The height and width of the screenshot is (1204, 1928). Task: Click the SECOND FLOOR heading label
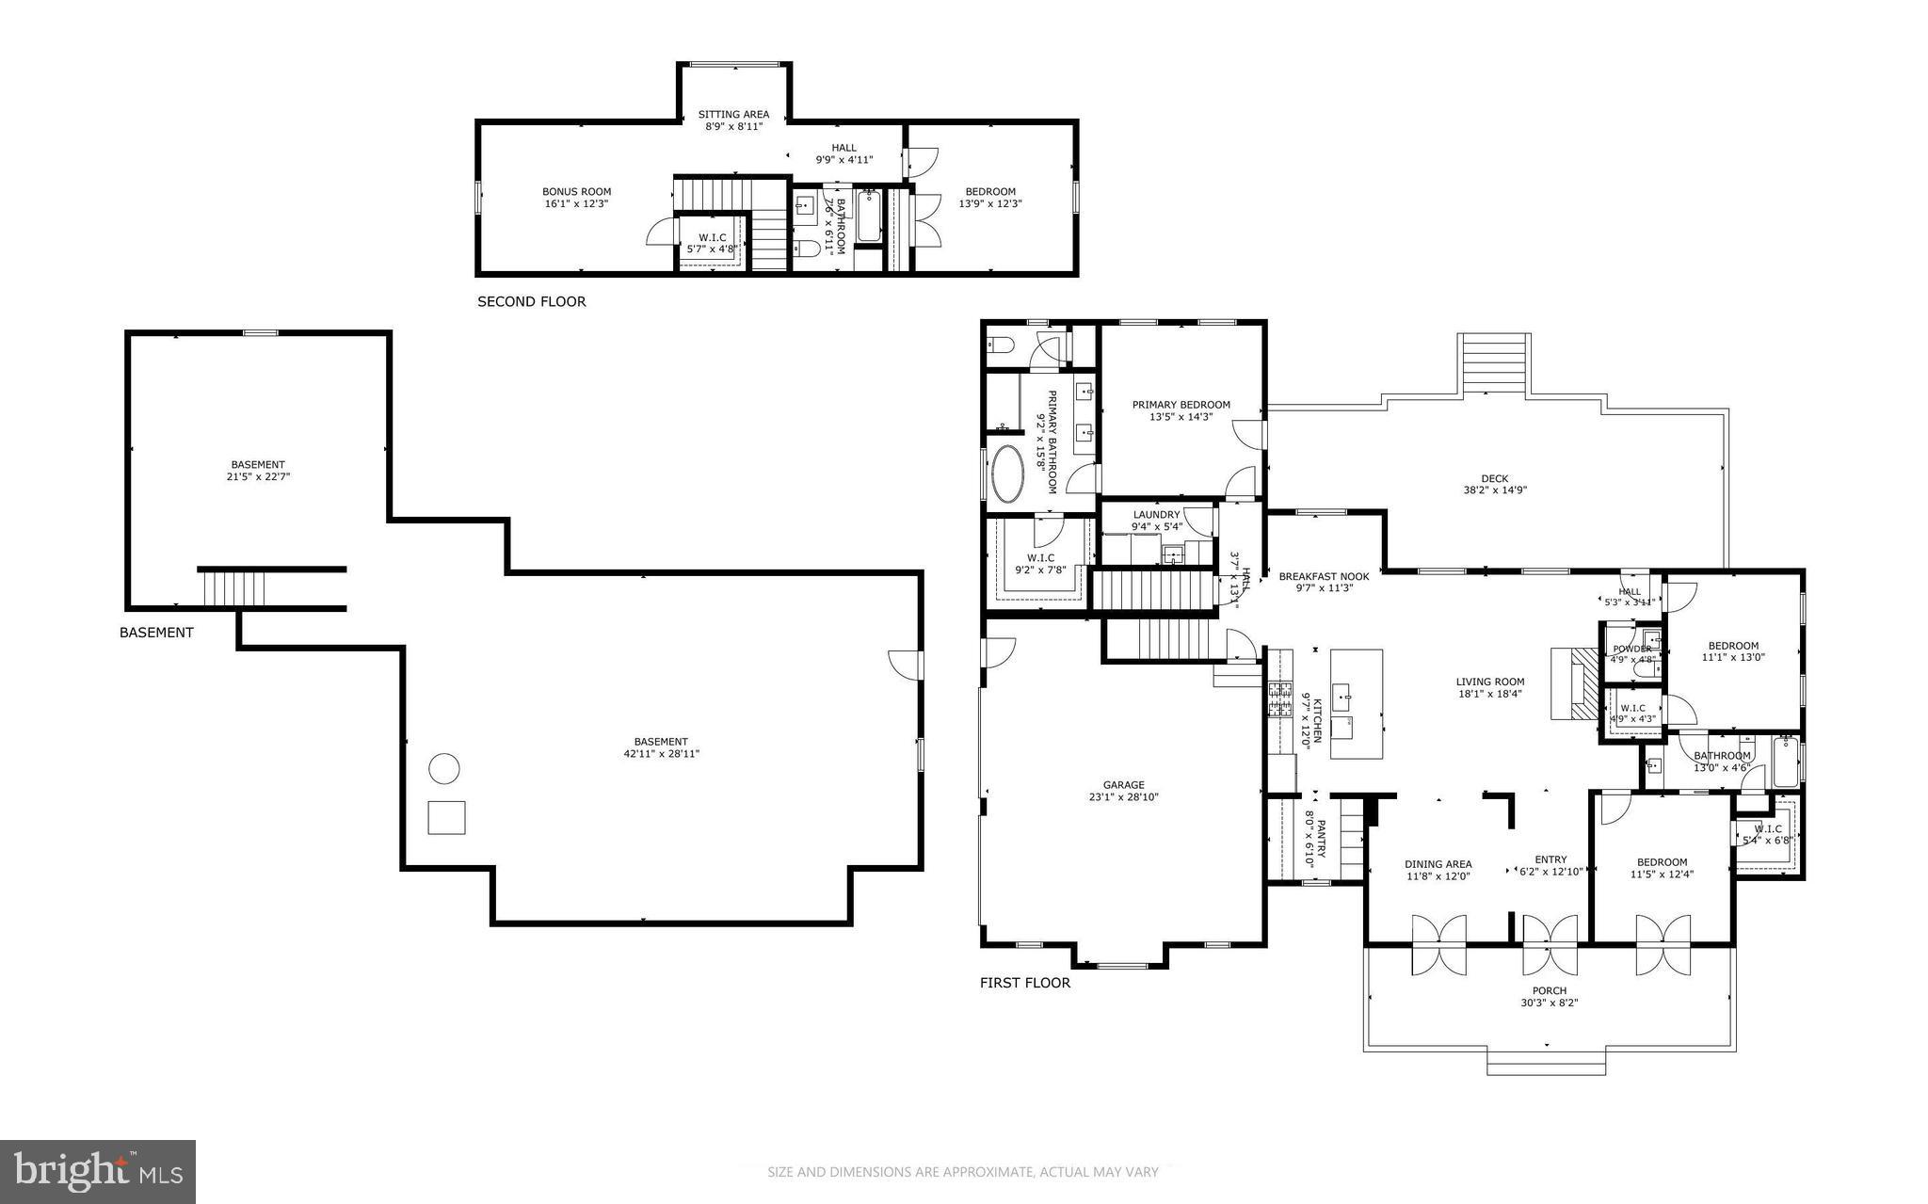click(531, 302)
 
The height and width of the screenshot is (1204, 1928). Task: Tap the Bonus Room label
click(576, 191)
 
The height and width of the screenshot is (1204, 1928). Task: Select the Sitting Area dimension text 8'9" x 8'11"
click(733, 126)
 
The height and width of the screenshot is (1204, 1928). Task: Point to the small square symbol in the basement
click(446, 817)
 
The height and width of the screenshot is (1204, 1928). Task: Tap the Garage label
click(1123, 784)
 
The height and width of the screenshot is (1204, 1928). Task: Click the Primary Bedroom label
click(1181, 405)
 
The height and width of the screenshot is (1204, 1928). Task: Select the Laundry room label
click(1156, 515)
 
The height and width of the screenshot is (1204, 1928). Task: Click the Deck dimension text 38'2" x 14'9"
click(1494, 490)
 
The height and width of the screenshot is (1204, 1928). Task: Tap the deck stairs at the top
click(1494, 363)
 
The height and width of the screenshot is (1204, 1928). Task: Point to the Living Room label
click(1489, 682)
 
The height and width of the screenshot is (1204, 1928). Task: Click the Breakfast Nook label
click(1324, 576)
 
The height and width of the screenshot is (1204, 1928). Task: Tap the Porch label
click(1549, 990)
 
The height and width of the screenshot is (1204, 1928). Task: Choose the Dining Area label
click(1438, 863)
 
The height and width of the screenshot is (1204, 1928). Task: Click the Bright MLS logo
click(98, 1171)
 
